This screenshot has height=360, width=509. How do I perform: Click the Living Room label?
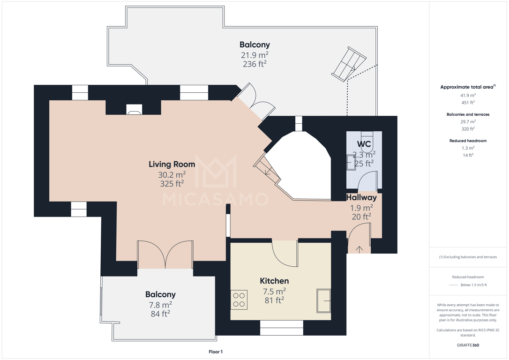[x=172, y=164]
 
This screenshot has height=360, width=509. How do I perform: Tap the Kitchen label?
[x=274, y=281]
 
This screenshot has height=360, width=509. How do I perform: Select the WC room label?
[x=364, y=144]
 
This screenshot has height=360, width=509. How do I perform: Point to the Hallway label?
[x=361, y=197]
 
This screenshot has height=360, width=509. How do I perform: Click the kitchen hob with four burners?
[x=239, y=300]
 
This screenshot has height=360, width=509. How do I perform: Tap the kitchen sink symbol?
[x=324, y=300]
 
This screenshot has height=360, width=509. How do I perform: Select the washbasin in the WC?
[x=351, y=162]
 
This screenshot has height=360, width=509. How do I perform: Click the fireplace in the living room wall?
[x=134, y=109]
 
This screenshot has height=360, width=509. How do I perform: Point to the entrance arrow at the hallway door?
[x=359, y=249]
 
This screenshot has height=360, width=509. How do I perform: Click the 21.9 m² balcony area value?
[x=254, y=55]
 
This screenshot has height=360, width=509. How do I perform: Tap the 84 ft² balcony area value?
[x=160, y=314]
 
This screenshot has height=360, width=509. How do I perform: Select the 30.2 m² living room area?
[x=172, y=175]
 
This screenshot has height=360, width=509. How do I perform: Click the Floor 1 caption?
[x=216, y=352]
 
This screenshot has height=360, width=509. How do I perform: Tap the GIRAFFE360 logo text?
[x=468, y=345]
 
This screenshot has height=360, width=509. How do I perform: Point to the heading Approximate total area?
[x=468, y=87]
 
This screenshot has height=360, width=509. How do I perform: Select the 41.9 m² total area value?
[x=468, y=96]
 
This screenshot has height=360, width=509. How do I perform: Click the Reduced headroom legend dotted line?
[x=453, y=285]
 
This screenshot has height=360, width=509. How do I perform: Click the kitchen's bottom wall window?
[x=281, y=328]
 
